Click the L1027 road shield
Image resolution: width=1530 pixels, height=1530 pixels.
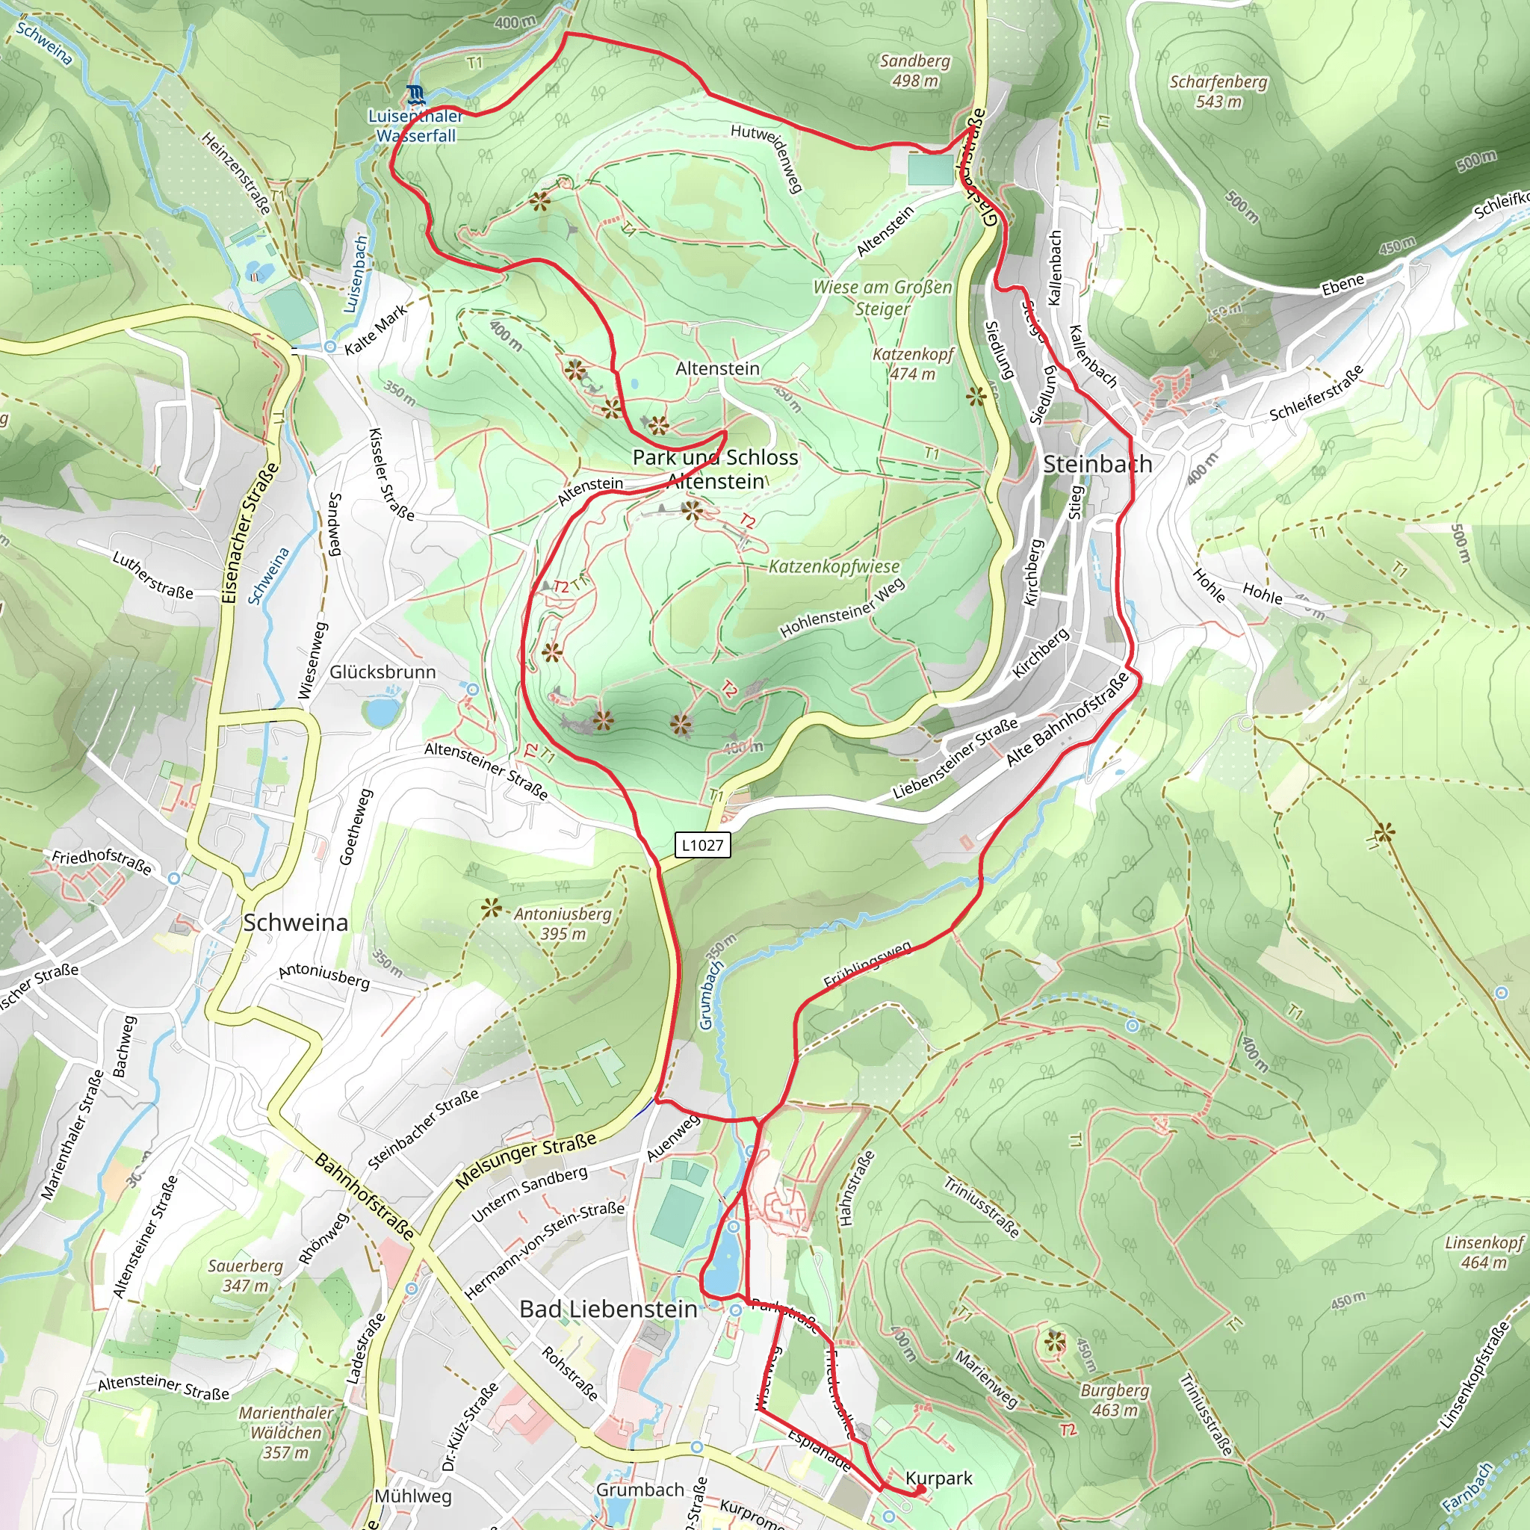pyautogui.click(x=702, y=845)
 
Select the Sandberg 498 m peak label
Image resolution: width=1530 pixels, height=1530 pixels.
pyautogui.click(x=914, y=70)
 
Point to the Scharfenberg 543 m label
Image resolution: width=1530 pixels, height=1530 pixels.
pyautogui.click(x=1218, y=91)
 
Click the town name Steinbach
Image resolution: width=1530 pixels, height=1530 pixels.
pyautogui.click(x=1097, y=464)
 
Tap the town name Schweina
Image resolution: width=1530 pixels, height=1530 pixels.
pyautogui.click(x=295, y=923)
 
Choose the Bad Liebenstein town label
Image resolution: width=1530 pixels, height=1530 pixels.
pyautogui.click(x=608, y=1309)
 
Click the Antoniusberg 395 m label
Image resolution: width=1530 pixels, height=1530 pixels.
pyautogui.click(x=563, y=923)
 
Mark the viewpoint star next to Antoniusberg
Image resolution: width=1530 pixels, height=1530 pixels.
pyautogui.click(x=492, y=908)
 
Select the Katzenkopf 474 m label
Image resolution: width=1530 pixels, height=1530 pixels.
pyautogui.click(x=912, y=364)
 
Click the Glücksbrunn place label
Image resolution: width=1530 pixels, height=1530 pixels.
pyautogui.click(x=382, y=672)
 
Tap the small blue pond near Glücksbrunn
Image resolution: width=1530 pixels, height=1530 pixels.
pyautogui.click(x=382, y=711)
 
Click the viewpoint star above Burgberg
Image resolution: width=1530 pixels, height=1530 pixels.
pyautogui.click(x=1054, y=1342)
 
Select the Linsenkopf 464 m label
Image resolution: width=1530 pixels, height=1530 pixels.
pyautogui.click(x=1483, y=1252)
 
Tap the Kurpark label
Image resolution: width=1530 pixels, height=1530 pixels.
pyautogui.click(x=938, y=1478)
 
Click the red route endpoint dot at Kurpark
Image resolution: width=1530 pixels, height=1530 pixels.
pyautogui.click(x=920, y=1490)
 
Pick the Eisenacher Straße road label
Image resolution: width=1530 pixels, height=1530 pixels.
pyautogui.click(x=250, y=533)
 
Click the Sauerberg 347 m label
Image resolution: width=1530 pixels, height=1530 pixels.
pyautogui.click(x=245, y=1276)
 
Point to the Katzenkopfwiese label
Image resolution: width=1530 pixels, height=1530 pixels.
pyautogui.click(x=834, y=566)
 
